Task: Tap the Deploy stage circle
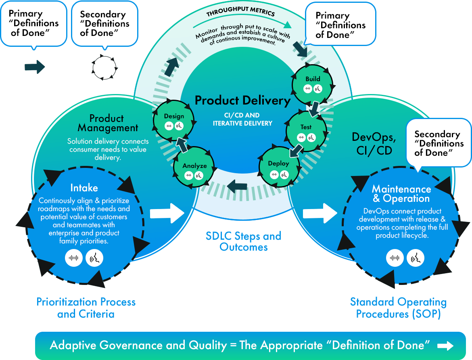[279, 168]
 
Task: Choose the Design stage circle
[174, 120]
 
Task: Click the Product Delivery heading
[242, 100]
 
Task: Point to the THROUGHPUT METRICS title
[240, 13]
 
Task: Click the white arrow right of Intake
[167, 213]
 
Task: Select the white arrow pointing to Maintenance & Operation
[320, 213]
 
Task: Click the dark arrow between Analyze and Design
[182, 144]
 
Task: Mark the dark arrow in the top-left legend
[35, 67]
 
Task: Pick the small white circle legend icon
[104, 67]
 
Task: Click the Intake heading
[84, 188]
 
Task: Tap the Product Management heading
[108, 123]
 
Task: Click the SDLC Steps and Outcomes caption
[243, 241]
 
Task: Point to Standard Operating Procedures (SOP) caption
[398, 308]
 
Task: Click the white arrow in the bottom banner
[445, 345]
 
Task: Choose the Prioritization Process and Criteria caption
[86, 308]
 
